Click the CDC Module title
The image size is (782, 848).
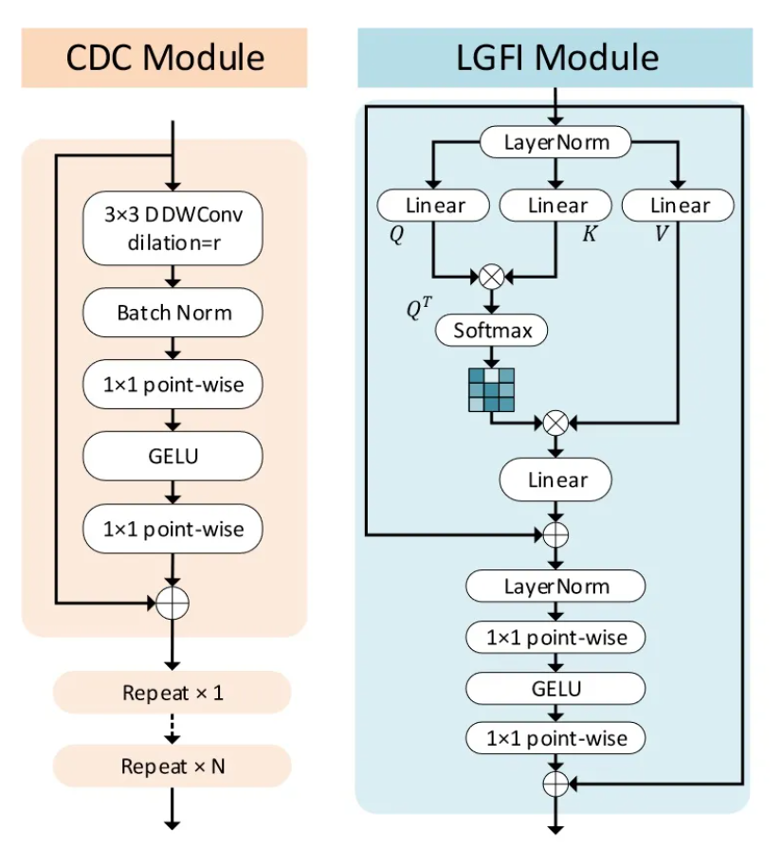pos(164,58)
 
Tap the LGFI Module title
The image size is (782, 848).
pos(555,58)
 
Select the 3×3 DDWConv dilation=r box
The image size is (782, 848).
pos(173,228)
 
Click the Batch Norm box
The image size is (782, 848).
pos(173,312)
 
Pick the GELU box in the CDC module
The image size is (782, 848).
pos(173,456)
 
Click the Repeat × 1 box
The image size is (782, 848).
pos(173,693)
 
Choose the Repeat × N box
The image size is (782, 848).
pos(173,766)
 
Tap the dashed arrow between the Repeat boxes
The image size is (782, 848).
pos(173,729)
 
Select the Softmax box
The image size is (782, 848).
pos(492,331)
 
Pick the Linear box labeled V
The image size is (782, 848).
pos(679,206)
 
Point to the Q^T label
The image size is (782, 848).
pos(419,307)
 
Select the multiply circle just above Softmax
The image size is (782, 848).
pos(492,277)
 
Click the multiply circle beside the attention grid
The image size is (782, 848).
pos(556,423)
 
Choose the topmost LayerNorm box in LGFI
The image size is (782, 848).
pos(555,143)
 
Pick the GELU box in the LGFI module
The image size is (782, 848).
pos(555,688)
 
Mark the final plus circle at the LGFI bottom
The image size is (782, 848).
pos(555,784)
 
